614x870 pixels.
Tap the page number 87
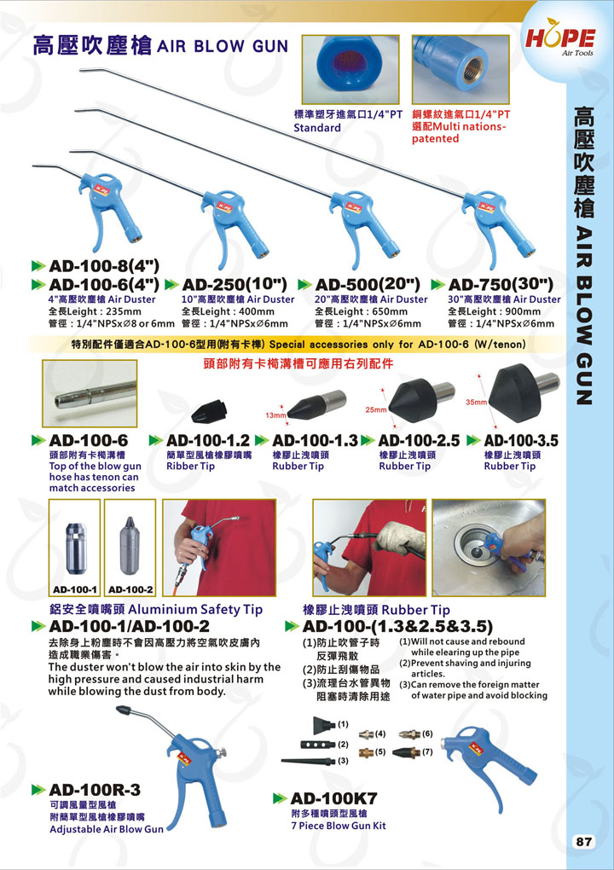pyautogui.click(x=584, y=841)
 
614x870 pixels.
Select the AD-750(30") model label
pyautogui.click(x=501, y=285)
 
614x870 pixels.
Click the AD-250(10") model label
pyautogui.click(x=234, y=285)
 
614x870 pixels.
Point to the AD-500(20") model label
pyautogui.click(x=368, y=285)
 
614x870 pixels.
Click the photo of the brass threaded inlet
pyautogui.click(x=460, y=69)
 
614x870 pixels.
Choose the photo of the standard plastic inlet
pyautogui.click(x=350, y=69)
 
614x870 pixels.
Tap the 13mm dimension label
pyautogui.click(x=275, y=415)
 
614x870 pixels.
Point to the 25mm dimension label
pyautogui.click(x=375, y=409)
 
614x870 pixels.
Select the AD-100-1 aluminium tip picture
pyautogui.click(x=75, y=548)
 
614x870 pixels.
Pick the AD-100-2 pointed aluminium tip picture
pyautogui.click(x=130, y=548)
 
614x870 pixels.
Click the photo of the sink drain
pyautogui.click(x=489, y=548)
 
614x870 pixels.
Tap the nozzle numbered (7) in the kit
pyautogui.click(x=406, y=752)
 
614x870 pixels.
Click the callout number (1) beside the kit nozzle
pyautogui.click(x=344, y=724)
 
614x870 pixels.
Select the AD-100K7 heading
pyautogui.click(x=334, y=797)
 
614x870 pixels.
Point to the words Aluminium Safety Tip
pyautogui.click(x=196, y=610)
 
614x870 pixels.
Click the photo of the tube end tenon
pyautogui.click(x=90, y=393)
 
